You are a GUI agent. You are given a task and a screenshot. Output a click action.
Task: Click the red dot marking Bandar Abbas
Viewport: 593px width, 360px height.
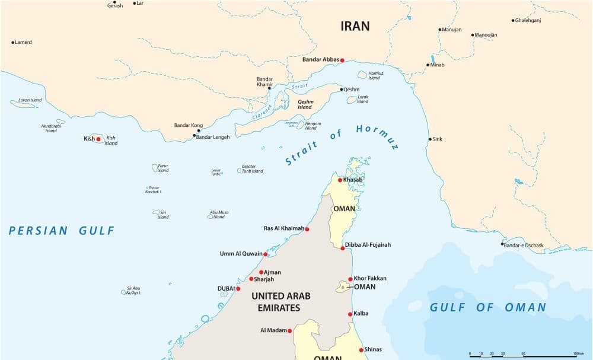tap(342, 60)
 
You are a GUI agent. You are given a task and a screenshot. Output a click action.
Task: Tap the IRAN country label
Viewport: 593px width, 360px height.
tap(355, 26)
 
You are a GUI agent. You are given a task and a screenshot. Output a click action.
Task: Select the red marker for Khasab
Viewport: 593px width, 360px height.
tap(340, 180)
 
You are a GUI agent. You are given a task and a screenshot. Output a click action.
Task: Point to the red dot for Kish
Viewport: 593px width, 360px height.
tap(98, 139)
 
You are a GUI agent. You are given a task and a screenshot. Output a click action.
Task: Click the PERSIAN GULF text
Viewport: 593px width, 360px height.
tap(62, 231)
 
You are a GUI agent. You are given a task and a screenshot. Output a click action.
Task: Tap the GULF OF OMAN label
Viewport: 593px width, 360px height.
tap(487, 307)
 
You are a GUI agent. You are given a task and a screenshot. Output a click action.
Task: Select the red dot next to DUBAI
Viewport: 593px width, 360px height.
tap(238, 289)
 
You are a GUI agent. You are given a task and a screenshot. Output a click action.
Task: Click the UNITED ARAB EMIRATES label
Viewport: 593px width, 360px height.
tap(281, 301)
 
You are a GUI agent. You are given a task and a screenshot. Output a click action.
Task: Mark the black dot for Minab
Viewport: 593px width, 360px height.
tap(428, 65)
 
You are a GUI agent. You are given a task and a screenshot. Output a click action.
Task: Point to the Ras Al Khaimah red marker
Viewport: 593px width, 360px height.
tap(307, 229)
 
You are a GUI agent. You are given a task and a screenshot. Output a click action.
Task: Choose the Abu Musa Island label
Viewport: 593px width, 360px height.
tap(219, 214)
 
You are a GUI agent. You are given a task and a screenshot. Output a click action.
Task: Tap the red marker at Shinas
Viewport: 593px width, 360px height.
tap(361, 350)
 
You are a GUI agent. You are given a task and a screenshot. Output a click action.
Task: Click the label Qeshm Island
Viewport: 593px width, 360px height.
tap(304, 104)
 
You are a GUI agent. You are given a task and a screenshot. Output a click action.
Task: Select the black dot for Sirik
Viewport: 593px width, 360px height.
tap(431, 139)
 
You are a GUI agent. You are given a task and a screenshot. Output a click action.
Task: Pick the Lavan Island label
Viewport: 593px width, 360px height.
tap(30, 100)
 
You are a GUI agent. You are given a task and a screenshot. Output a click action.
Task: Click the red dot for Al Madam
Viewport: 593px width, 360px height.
tap(290, 330)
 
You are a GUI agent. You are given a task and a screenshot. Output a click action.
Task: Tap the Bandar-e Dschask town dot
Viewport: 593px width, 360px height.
tap(502, 244)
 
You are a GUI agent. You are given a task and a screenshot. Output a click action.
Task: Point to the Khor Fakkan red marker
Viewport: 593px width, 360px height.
tap(350, 279)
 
